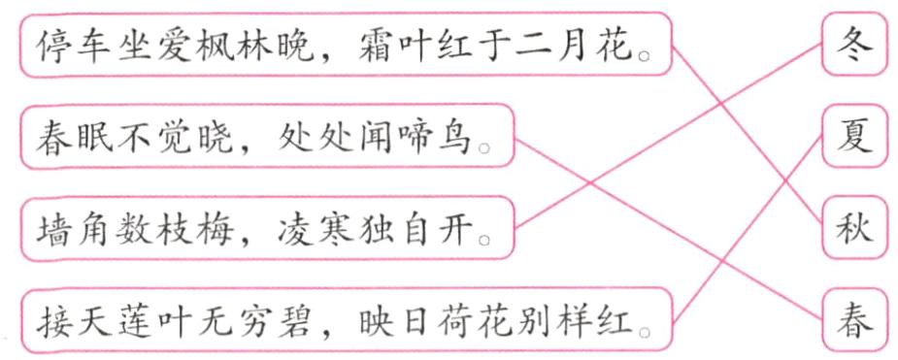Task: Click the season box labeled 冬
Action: click(854, 44)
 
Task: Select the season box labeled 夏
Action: click(854, 135)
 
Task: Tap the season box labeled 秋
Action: click(854, 228)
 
